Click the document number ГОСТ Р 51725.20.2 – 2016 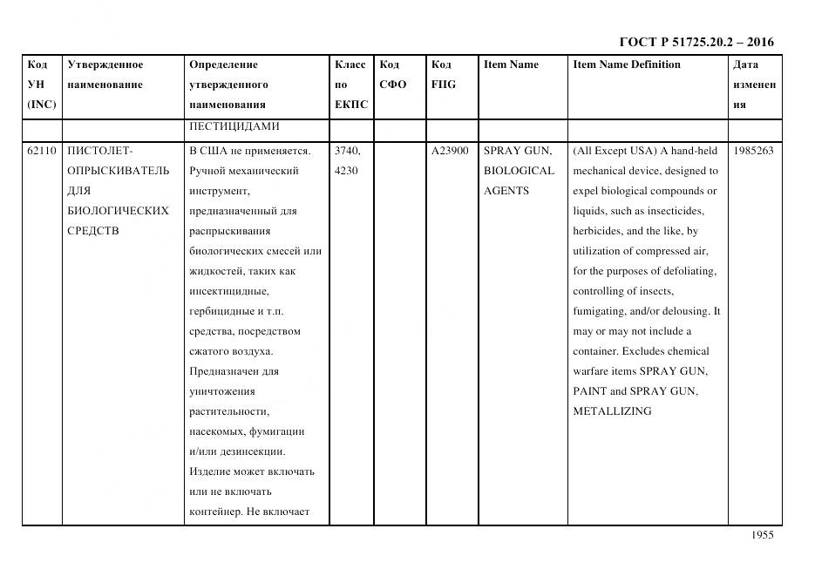pos(696,42)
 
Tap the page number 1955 pos(762,536)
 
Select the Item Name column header pos(511,64)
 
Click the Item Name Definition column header pos(626,64)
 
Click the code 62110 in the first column pos(41,151)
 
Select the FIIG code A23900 pos(450,151)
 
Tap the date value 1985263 pos(753,151)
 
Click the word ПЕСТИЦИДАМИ pos(234,126)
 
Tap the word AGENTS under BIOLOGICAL pos(506,191)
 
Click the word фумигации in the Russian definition pos(277,431)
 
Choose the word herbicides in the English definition pos(599,231)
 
